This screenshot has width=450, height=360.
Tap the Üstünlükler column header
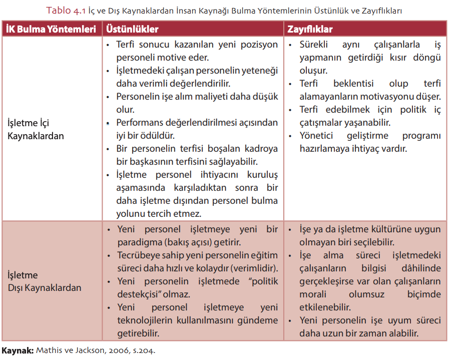pos(132,29)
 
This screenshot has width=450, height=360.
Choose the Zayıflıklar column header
pos(310,29)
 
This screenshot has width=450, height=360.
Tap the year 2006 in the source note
pos(118,351)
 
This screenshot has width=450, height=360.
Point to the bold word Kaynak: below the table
pos(18,351)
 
